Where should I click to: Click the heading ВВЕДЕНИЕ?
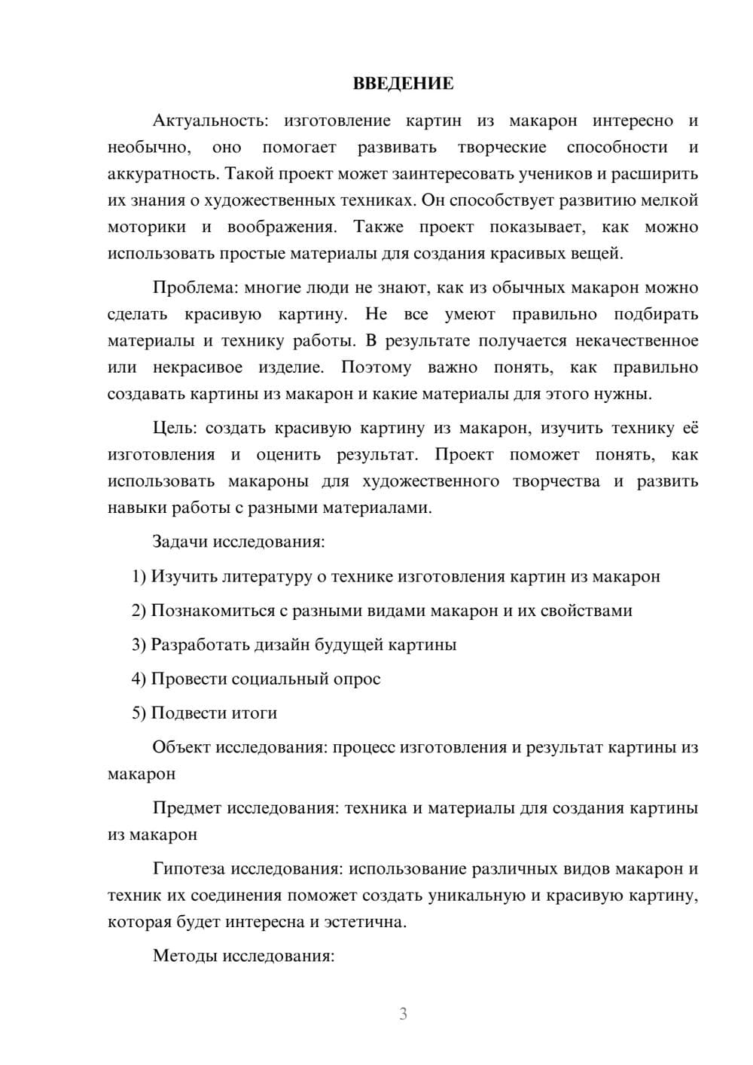pyautogui.click(x=403, y=84)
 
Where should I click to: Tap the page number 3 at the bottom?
pyautogui.click(x=403, y=1014)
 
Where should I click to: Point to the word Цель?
pyautogui.click(x=174, y=429)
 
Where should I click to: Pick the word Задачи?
pyautogui.click(x=181, y=542)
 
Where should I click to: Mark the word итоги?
pyautogui.click(x=253, y=713)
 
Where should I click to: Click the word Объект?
pyautogui.click(x=181, y=747)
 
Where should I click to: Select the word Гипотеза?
pyautogui.click(x=189, y=869)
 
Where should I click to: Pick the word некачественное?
pyautogui.click(x=637, y=341)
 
